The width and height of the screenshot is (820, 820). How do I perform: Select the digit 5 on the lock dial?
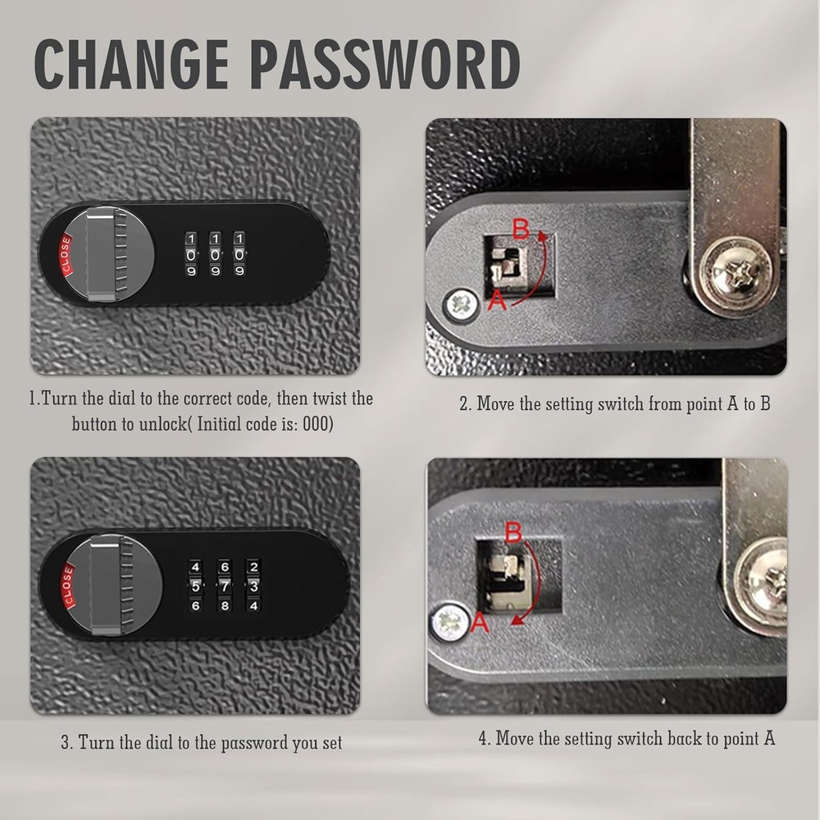195,585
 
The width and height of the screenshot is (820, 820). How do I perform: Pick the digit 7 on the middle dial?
224,585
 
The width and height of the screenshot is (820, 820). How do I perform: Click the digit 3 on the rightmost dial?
253,585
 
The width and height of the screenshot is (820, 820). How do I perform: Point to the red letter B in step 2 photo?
520,228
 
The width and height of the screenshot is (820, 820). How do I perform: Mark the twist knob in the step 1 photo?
102,253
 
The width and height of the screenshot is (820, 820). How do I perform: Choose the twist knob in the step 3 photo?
104,586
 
